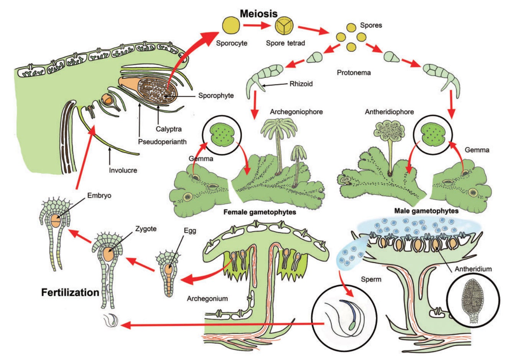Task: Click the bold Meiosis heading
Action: coord(259,13)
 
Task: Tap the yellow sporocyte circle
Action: coord(231,26)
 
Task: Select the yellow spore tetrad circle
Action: coord(283,26)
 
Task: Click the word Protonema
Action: coord(354,72)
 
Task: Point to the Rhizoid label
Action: coord(301,83)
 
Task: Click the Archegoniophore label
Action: coord(296,112)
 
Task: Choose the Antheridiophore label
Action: coord(389,112)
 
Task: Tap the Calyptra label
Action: coord(168,129)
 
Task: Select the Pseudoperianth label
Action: coord(162,142)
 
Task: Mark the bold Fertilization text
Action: coord(70,292)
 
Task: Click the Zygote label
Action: coord(145,229)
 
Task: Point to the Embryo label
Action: coord(99,195)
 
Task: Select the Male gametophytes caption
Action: coord(426,211)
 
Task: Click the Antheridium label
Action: coord(473,269)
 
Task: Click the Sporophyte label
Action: coord(216,95)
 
